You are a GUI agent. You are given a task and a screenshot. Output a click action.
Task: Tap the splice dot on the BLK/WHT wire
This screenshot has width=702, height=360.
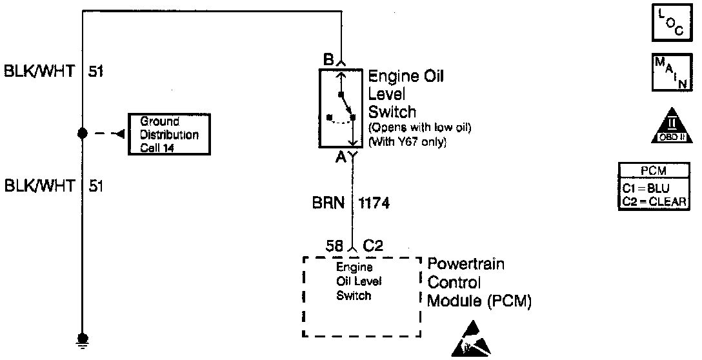click(82, 134)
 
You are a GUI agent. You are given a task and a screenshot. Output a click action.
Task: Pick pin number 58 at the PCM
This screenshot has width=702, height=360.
click(334, 246)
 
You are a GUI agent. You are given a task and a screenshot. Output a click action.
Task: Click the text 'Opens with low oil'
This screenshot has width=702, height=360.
click(420, 128)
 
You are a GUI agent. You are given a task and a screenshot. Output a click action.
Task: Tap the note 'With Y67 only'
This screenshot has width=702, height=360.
click(408, 141)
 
